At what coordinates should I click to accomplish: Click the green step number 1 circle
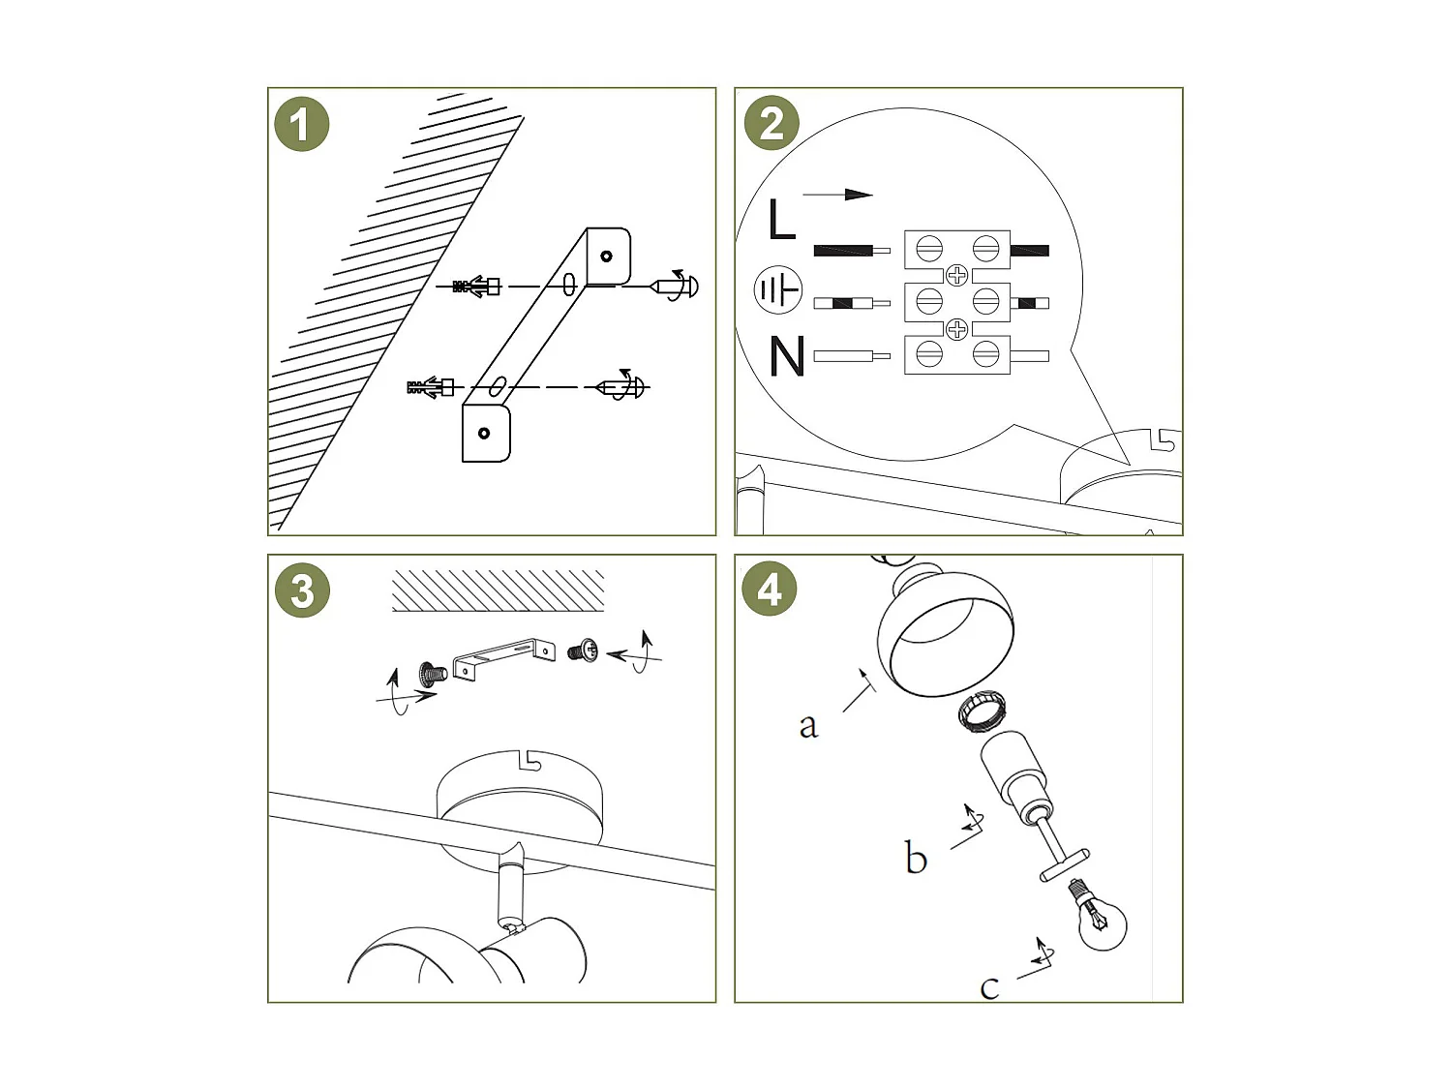tap(301, 125)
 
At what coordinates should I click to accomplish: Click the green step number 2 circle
tap(771, 124)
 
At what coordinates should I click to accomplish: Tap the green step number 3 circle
tap(302, 590)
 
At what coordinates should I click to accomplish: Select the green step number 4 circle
tap(770, 589)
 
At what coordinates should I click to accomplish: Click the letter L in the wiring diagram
tap(780, 220)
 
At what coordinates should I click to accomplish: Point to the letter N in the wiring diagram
tap(787, 356)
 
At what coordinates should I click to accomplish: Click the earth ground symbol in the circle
tap(778, 289)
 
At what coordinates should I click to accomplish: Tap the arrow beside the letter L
tap(837, 195)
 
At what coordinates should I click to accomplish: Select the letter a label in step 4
tap(808, 725)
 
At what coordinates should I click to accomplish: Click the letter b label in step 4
tap(915, 859)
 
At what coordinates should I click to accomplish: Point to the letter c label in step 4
tap(988, 987)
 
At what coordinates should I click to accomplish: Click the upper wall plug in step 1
tap(476, 287)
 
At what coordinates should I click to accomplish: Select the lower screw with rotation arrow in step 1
tap(620, 387)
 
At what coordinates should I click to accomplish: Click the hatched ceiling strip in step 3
tap(498, 590)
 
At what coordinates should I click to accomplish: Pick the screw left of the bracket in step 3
tap(431, 672)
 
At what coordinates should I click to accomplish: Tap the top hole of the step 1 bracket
tap(606, 257)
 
